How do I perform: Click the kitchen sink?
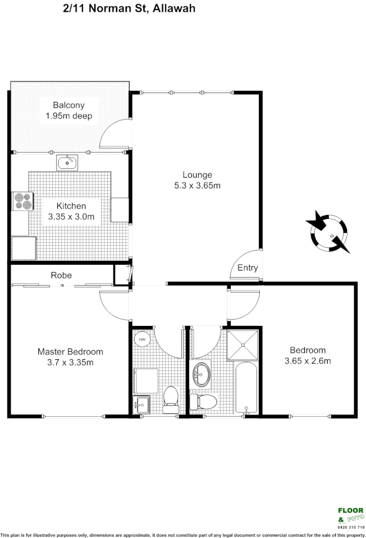pos(67,163)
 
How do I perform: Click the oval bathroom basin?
pos(200,375)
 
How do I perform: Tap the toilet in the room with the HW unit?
pos(170,397)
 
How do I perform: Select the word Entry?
pos(248,268)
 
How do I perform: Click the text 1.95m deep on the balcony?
pos(68,116)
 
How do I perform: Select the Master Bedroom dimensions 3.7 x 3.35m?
pos(70,362)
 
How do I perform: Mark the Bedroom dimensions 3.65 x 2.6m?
pos(308,361)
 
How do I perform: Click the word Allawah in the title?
pos(173,9)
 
